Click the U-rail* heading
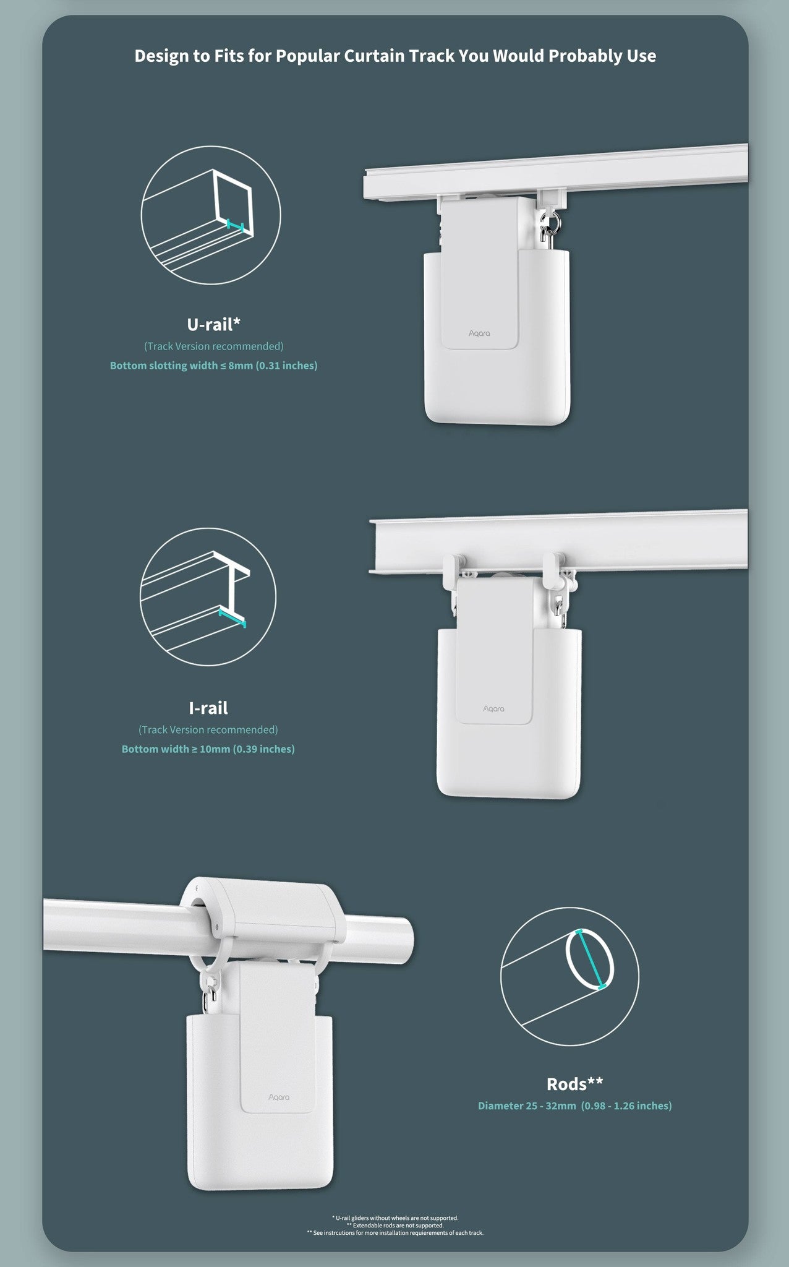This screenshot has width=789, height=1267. tap(213, 324)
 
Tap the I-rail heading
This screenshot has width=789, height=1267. tap(208, 707)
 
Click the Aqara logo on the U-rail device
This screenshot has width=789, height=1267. tap(479, 333)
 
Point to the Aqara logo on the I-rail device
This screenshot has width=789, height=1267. tap(493, 708)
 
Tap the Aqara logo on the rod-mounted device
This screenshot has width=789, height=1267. tap(279, 1097)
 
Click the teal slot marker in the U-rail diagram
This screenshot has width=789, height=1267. tap(236, 225)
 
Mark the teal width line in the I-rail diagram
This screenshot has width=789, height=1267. tap(232, 619)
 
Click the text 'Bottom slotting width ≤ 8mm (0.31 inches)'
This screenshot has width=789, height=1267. tap(213, 366)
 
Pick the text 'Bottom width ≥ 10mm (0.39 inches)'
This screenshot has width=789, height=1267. tap(208, 749)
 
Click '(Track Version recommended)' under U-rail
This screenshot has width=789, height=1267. tap(214, 346)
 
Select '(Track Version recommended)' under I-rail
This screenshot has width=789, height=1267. tap(208, 730)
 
